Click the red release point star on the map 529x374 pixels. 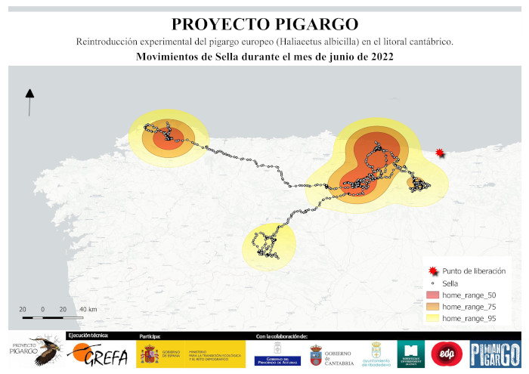point(441,154)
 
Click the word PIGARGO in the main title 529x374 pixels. point(311,24)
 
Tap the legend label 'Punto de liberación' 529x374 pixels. point(473,270)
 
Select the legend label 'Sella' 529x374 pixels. point(451,283)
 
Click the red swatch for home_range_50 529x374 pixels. point(432,295)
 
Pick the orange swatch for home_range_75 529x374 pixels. point(432,307)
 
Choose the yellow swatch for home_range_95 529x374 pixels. point(432,319)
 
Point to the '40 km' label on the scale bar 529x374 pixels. point(88,310)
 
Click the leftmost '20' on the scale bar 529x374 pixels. point(23,310)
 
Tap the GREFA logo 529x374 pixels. point(98,353)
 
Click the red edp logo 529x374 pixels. point(442,353)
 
